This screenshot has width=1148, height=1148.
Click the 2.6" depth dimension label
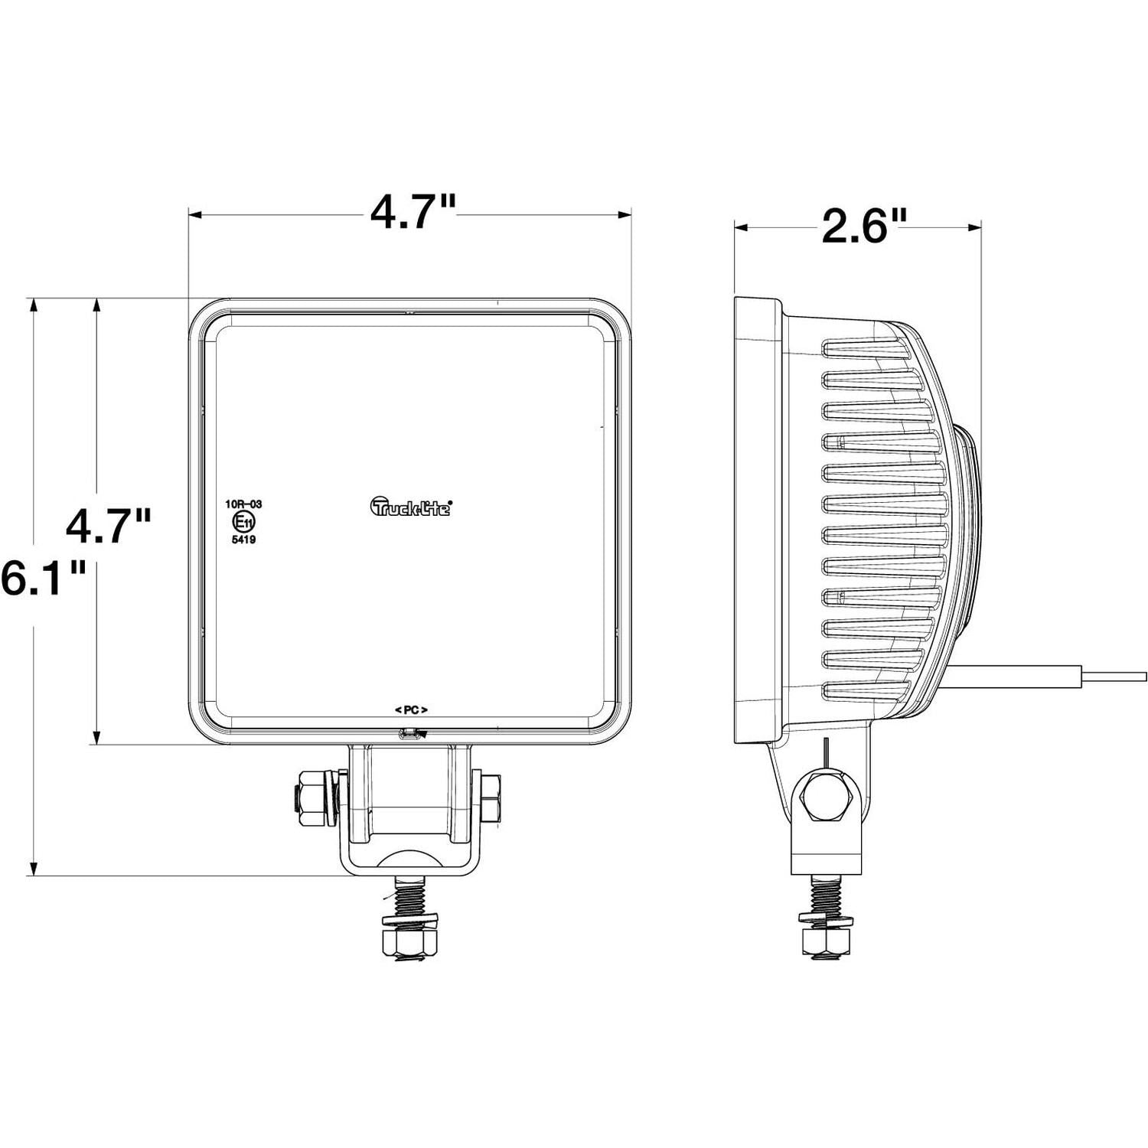tap(863, 227)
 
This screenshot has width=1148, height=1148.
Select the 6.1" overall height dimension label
tap(42, 578)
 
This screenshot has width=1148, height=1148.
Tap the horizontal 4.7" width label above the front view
tap(413, 213)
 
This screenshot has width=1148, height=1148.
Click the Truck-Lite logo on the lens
tap(412, 507)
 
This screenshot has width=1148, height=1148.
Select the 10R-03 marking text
tap(243, 504)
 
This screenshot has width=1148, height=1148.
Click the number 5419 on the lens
tap(243, 540)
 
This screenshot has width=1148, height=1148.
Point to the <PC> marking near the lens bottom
tap(411, 709)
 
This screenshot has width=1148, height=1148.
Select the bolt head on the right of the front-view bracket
tap(491, 796)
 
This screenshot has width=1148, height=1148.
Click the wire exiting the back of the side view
tap(1071, 675)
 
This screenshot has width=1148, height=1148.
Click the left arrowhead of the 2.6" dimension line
tap(739, 227)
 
